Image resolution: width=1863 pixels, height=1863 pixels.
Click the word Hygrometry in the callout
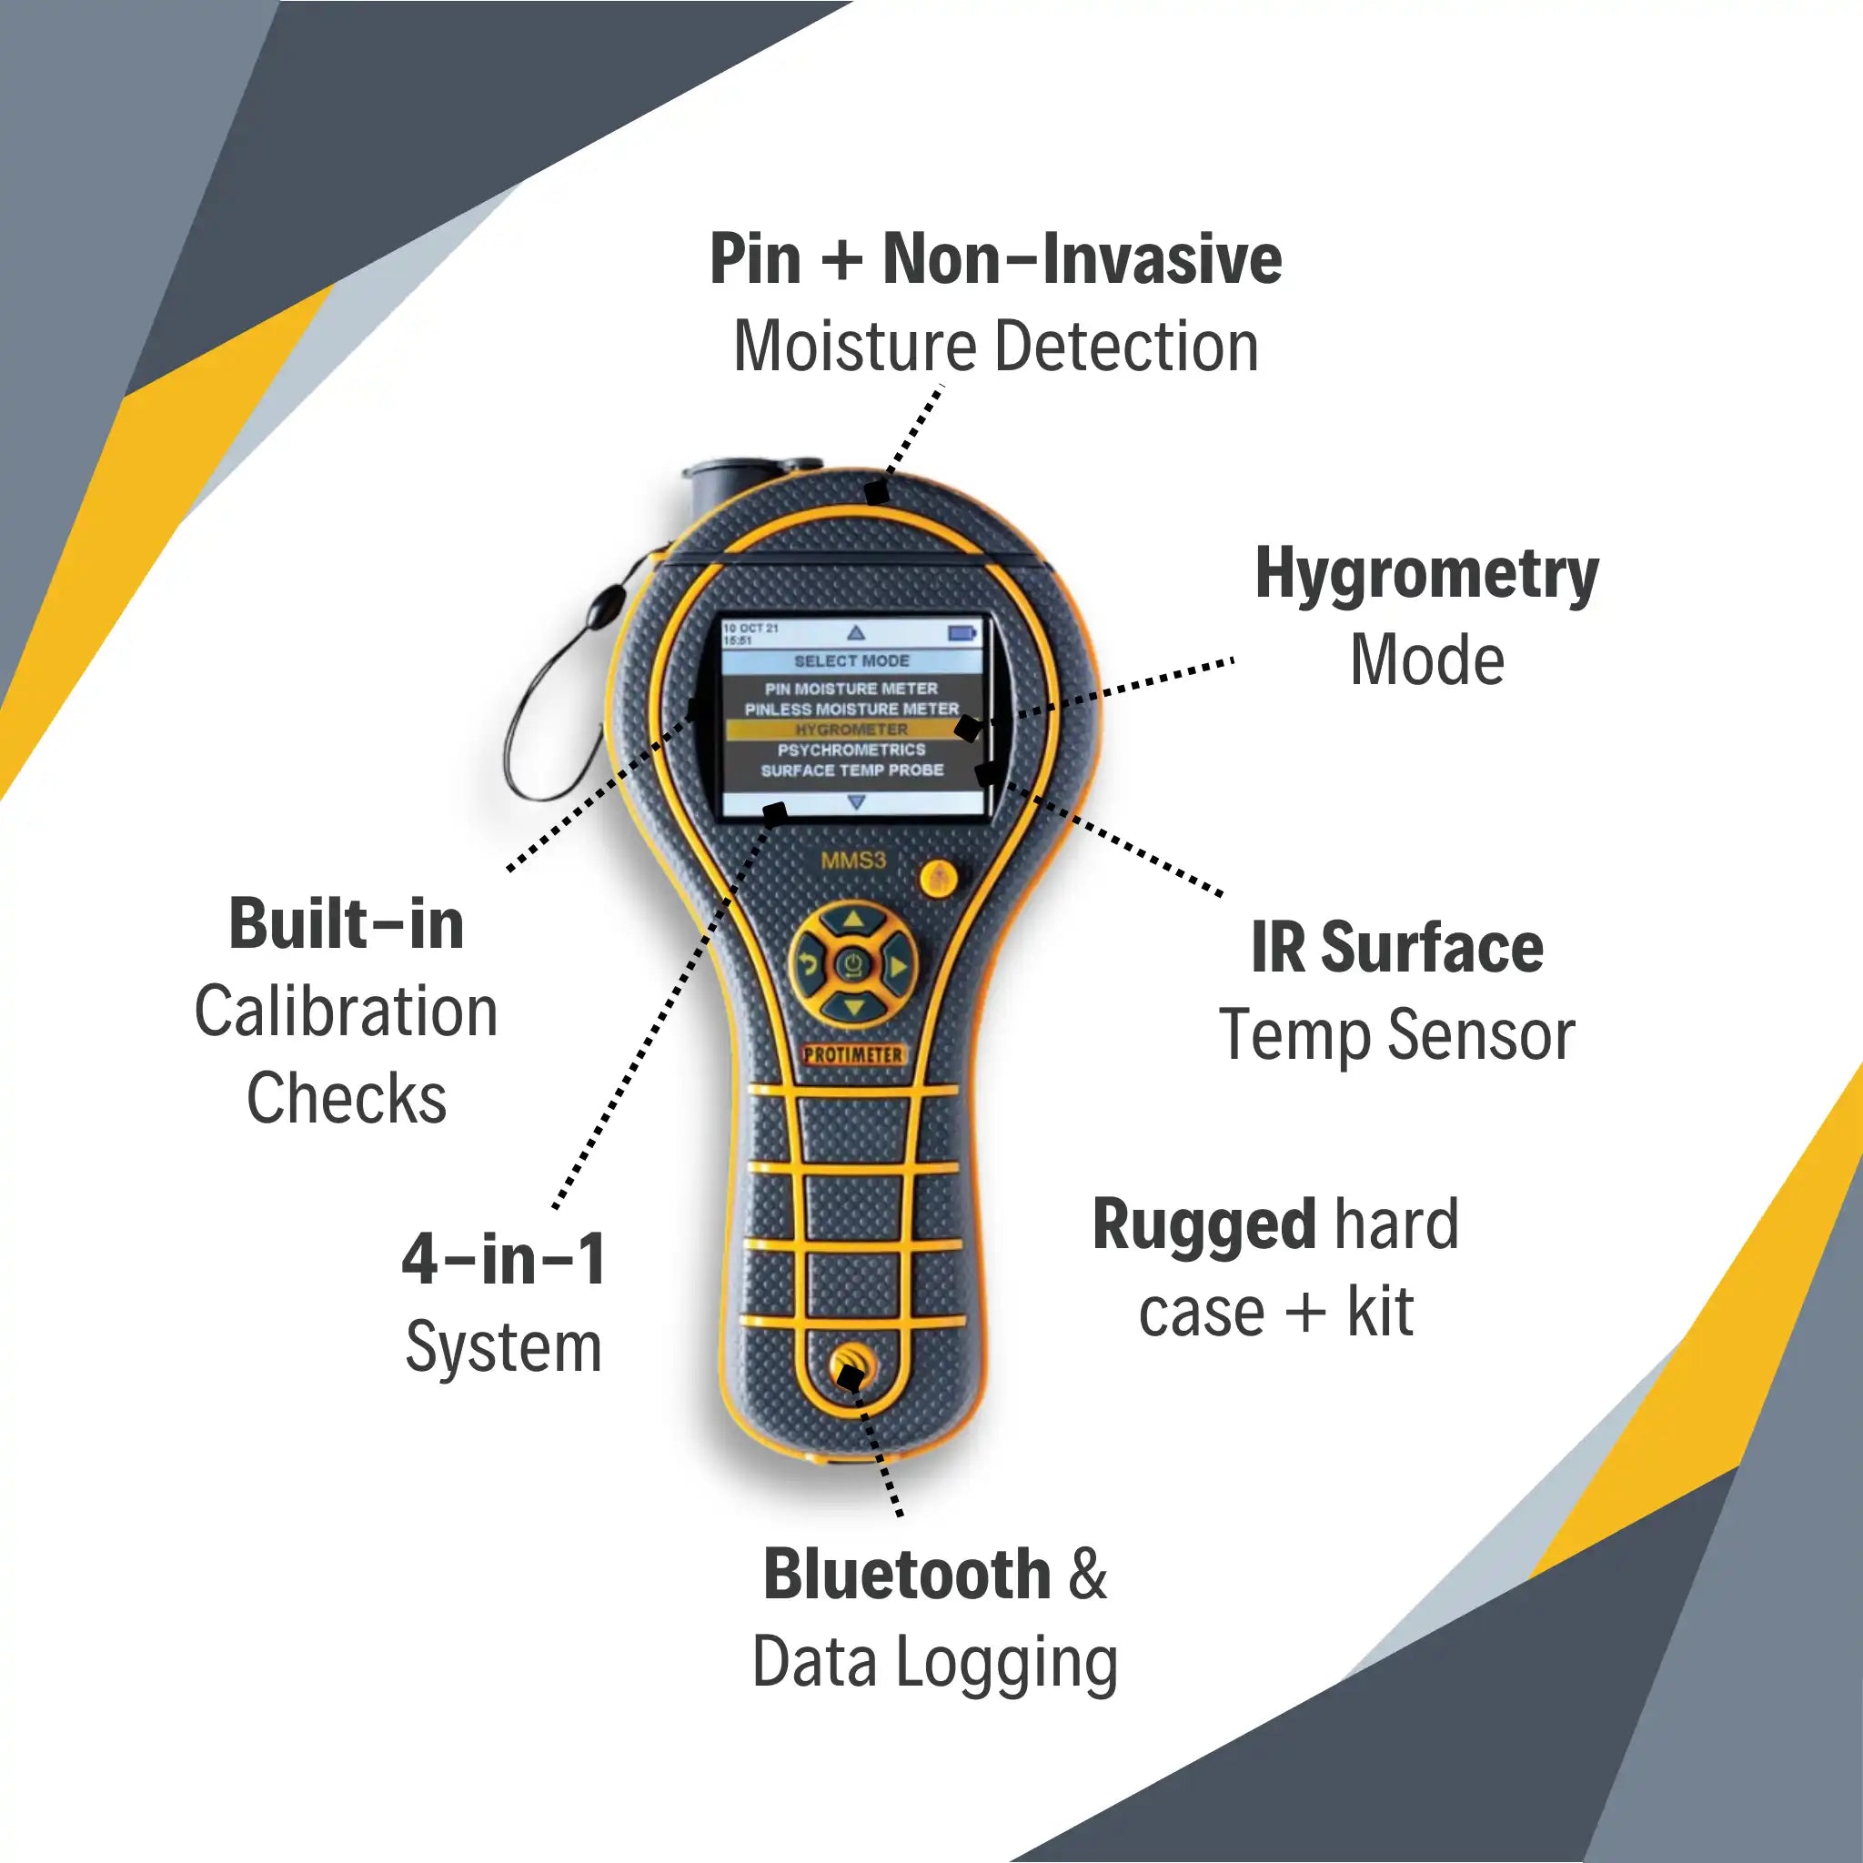pyautogui.click(x=1426, y=576)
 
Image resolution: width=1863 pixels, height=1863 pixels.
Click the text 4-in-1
pyautogui.click(x=503, y=1258)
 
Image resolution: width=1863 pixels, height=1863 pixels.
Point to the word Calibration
pyautogui.click(x=347, y=1012)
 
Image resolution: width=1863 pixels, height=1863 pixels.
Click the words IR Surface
pyautogui.click(x=1397, y=948)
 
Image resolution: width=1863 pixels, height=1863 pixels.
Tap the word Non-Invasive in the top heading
pyautogui.click(x=1082, y=259)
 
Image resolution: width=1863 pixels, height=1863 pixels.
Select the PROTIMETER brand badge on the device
pyautogui.click(x=853, y=1055)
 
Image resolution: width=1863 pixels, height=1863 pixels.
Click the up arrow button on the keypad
pyautogui.click(x=852, y=920)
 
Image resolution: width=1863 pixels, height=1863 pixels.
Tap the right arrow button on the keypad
pyautogui.click(x=897, y=965)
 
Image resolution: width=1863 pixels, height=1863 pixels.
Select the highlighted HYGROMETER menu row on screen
pyautogui.click(x=851, y=730)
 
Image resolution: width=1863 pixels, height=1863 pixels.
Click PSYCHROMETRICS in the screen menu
pyautogui.click(x=851, y=750)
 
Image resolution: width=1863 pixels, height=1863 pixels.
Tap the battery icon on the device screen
pyautogui.click(x=962, y=632)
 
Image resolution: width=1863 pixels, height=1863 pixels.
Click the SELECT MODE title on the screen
pyautogui.click(x=851, y=661)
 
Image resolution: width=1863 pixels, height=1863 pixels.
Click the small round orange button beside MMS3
pyautogui.click(x=938, y=879)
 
